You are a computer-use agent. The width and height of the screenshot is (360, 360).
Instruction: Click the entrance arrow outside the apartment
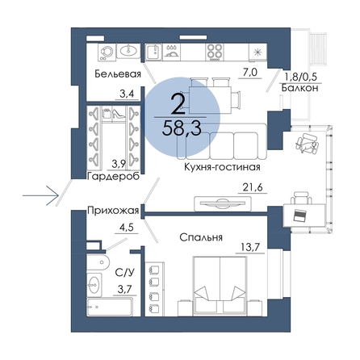40,195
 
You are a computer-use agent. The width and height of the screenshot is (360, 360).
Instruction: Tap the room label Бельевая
118,74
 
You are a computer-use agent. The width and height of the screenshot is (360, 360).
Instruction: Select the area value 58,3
182,128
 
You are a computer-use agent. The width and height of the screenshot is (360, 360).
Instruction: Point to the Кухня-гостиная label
222,167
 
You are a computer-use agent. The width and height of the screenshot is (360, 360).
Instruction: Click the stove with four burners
215,52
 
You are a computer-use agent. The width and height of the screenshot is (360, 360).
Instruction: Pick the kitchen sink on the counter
154,52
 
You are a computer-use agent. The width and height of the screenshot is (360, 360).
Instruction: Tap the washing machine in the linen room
106,52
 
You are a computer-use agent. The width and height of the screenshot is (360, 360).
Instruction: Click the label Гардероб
113,177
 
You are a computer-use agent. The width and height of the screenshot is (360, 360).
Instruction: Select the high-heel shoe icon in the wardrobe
119,113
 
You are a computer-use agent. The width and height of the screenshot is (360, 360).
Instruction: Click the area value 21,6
253,187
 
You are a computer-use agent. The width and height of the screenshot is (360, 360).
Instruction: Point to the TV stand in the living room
223,203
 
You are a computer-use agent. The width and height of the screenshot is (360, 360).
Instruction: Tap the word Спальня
201,237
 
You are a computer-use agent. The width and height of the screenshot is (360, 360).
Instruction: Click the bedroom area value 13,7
250,247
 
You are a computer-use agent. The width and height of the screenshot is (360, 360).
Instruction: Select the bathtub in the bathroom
110,307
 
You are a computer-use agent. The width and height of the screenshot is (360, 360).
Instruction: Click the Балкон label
299,88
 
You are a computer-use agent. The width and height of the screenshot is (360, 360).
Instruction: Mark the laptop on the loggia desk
300,216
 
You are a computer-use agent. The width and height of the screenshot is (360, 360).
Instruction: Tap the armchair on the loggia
307,143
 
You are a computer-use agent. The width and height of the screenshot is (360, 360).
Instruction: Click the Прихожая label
113,210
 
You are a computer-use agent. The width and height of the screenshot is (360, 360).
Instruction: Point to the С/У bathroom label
124,273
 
